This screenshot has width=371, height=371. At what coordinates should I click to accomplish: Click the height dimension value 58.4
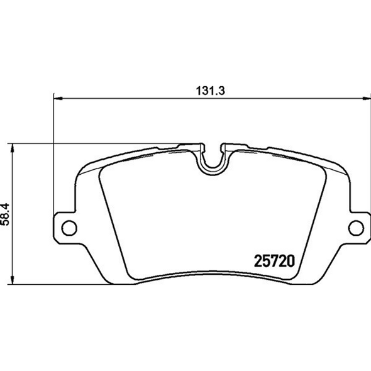coord(6,211)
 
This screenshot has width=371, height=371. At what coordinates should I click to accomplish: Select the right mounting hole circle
coord(355,228)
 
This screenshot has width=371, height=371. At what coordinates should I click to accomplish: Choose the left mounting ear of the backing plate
coord(66,228)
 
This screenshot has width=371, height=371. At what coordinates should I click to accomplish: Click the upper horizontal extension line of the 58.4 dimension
coord(94,143)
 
